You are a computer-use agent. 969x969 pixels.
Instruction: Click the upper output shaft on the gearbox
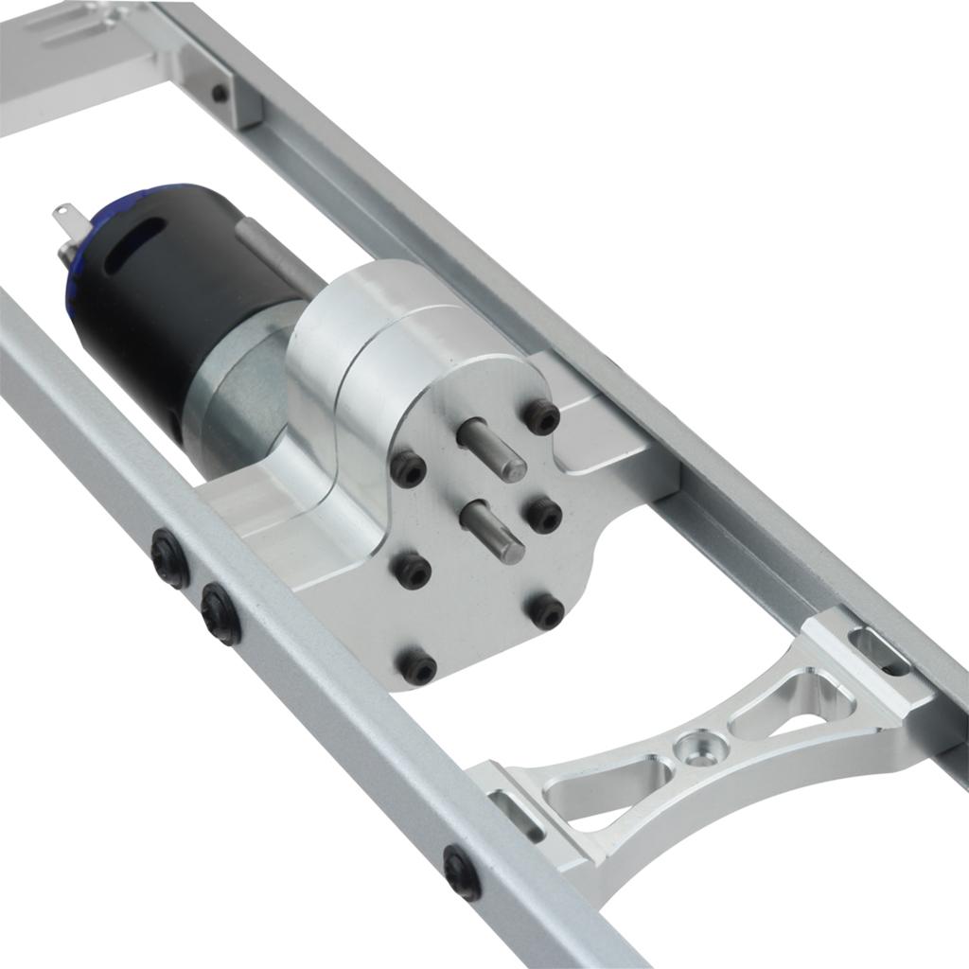[x=492, y=449]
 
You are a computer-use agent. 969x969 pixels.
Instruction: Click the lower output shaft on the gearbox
[x=493, y=530]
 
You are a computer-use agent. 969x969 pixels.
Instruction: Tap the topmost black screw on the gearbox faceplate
[x=542, y=416]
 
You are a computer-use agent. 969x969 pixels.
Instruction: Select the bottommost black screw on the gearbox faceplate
[x=417, y=668]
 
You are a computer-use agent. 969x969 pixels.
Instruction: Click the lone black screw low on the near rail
[x=462, y=872]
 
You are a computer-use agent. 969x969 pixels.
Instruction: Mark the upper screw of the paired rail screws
[x=170, y=557]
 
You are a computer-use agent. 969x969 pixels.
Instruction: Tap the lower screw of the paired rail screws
[x=220, y=613]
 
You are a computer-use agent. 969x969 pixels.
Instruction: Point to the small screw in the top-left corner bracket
[x=220, y=93]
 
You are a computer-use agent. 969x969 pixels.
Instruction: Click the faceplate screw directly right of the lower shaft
[x=544, y=515]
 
